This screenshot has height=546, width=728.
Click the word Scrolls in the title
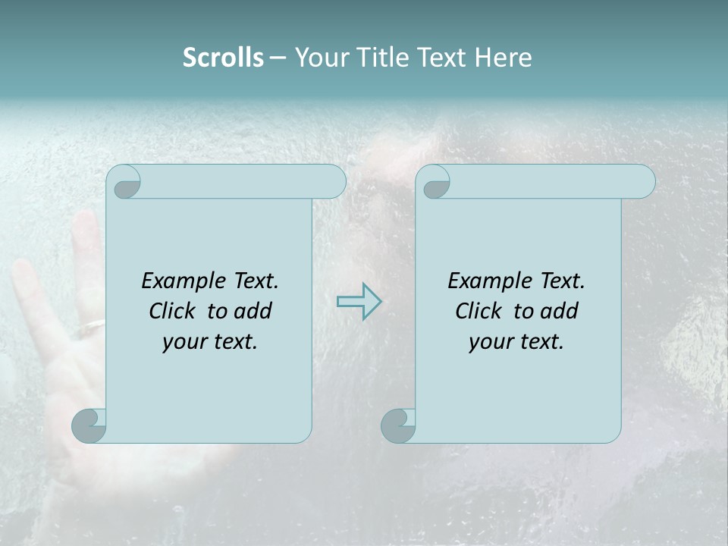223,58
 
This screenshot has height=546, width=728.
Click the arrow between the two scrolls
359,302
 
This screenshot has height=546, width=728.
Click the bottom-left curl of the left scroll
89,425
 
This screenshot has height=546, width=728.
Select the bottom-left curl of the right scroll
399,425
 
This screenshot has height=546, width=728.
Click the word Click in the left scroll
173,311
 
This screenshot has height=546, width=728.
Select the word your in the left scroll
184,342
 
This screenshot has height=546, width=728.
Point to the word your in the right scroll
490,342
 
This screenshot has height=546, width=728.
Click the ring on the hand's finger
91,327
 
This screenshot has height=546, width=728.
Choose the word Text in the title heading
441,58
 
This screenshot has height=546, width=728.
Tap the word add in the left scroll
253,311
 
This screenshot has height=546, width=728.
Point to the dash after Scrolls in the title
278,58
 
